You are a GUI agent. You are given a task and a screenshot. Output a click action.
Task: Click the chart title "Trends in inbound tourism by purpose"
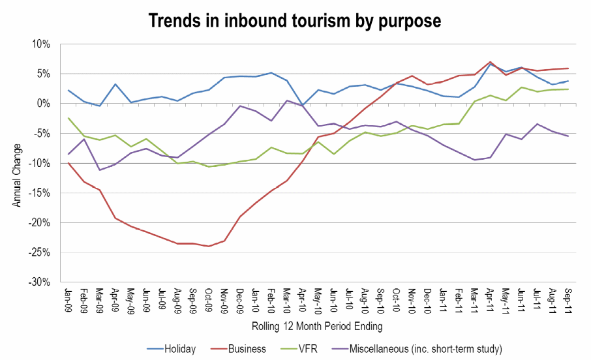(295, 20)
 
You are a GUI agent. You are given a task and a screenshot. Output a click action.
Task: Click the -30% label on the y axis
(40, 282)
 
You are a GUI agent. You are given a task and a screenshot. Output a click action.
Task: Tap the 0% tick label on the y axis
(44, 104)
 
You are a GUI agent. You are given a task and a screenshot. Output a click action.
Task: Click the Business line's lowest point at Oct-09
(209, 246)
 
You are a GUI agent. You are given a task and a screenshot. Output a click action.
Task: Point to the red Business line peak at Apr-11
(490, 63)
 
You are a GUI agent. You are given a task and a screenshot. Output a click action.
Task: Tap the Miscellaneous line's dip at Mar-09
(99, 170)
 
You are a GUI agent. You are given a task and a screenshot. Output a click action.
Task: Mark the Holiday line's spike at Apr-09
(115, 84)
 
